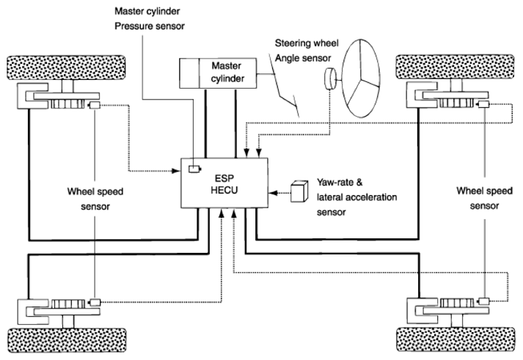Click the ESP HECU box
click(224, 183)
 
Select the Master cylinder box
click(218, 73)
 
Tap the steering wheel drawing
click(361, 78)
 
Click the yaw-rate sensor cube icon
click(299, 191)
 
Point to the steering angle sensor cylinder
click(330, 78)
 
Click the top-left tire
click(66, 67)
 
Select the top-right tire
click(455, 67)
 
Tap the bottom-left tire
click(67, 340)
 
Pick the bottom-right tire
click(456, 339)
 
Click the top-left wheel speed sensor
click(94, 106)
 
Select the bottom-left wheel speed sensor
click(95, 302)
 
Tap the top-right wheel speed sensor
click(483, 104)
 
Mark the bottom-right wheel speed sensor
click(483, 301)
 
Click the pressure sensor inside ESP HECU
click(194, 169)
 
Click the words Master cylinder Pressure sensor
click(150, 18)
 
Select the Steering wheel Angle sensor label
click(307, 51)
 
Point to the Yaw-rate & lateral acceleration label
click(357, 197)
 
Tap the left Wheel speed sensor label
click(95, 199)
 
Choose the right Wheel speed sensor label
click(484, 199)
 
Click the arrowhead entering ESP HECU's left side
click(176, 171)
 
